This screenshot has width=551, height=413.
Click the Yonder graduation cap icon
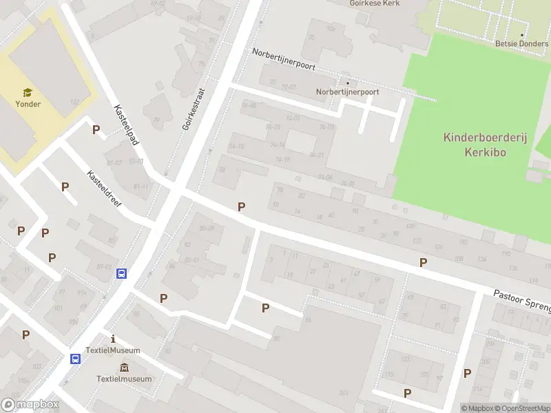[x=28, y=92]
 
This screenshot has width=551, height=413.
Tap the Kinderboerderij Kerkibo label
[x=485, y=145]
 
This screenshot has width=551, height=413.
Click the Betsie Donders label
[x=521, y=44]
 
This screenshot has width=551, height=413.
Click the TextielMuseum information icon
[x=113, y=339]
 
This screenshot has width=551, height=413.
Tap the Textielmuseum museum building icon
[x=124, y=367]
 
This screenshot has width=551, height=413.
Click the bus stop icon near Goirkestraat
[x=121, y=273]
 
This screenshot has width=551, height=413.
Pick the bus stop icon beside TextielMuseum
[x=74, y=359]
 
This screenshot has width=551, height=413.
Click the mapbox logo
[x=30, y=404]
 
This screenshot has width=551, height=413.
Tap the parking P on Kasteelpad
[x=96, y=129]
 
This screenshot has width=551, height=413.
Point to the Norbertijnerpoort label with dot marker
[x=347, y=91]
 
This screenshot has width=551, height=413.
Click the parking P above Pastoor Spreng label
[x=423, y=262]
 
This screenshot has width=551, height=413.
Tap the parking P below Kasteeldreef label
[x=65, y=187]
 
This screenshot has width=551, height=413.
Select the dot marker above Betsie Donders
[x=521, y=34]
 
